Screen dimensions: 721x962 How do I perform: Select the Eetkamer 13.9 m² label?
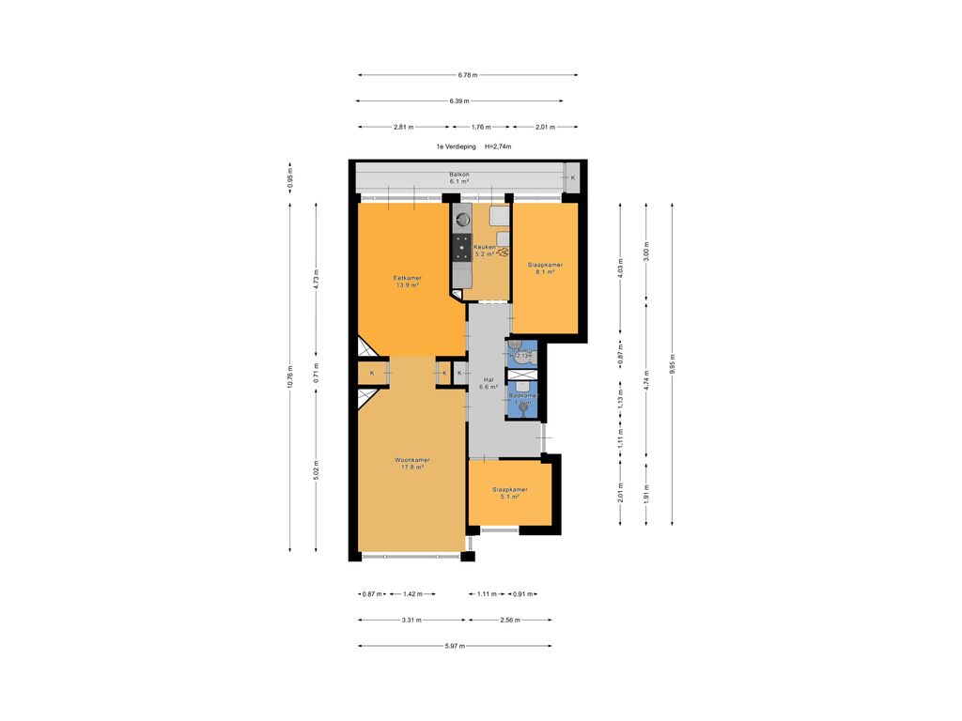[x=407, y=281]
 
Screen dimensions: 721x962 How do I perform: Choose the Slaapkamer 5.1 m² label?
[x=510, y=493]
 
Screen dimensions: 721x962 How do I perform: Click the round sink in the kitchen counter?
[x=461, y=221]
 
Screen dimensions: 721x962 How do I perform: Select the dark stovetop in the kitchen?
[x=461, y=247]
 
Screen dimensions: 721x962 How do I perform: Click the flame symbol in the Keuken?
[x=504, y=252]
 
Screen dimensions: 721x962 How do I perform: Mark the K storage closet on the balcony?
[x=573, y=177]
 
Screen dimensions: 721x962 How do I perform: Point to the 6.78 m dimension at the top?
[x=467, y=75]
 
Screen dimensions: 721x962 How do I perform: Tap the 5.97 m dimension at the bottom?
[x=454, y=645]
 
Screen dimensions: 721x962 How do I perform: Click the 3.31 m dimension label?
[x=411, y=620]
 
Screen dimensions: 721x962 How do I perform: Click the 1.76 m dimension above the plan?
[x=480, y=126]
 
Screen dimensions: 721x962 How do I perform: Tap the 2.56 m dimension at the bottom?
[x=510, y=620]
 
